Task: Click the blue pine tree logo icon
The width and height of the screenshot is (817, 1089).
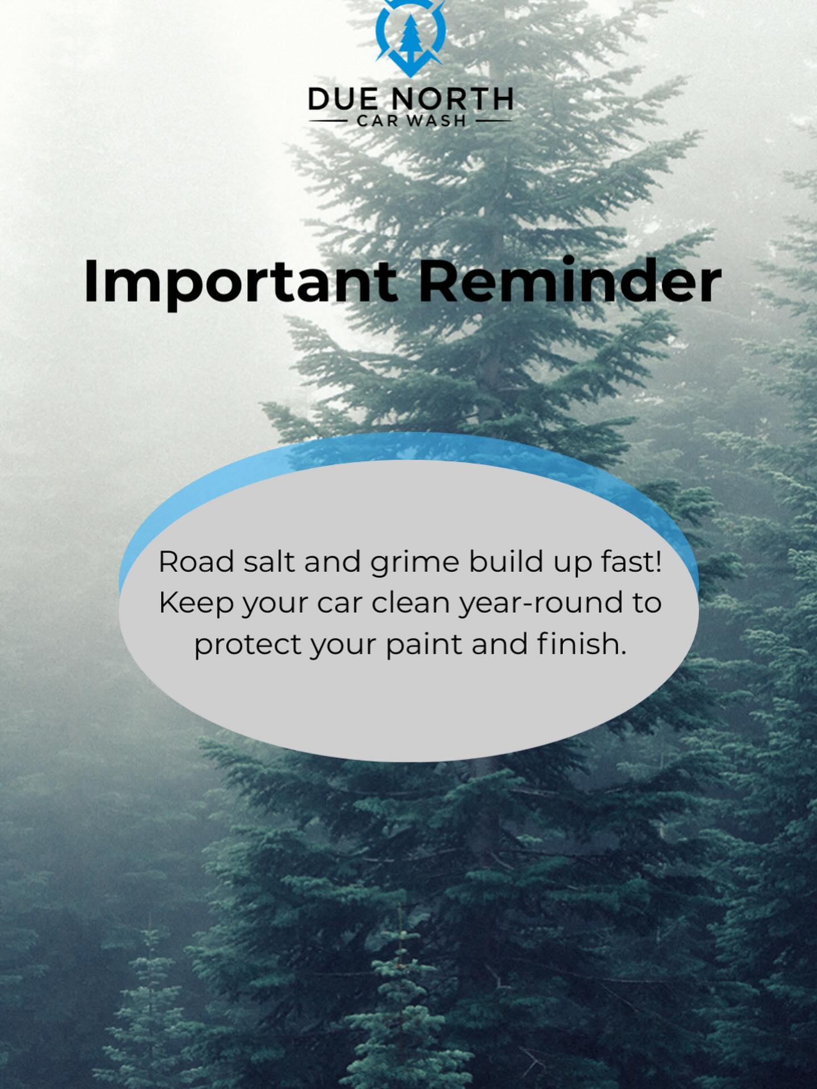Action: tap(410, 37)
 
